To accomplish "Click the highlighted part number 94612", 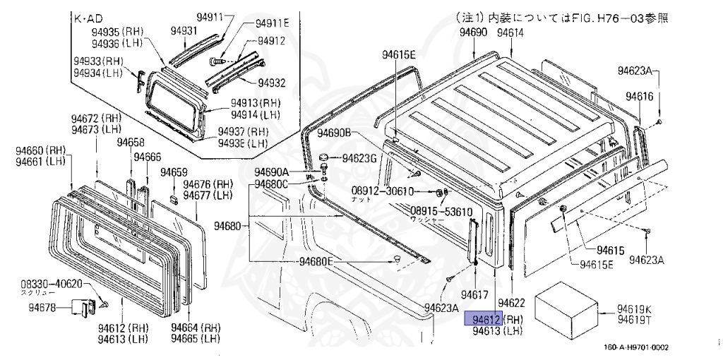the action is point(482,319).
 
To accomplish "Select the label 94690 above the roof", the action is point(473,33).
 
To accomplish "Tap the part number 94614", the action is point(510,33).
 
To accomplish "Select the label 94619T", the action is point(634,320).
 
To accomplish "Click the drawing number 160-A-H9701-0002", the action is point(635,347).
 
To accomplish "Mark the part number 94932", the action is point(271,83).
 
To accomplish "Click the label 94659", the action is point(174,172).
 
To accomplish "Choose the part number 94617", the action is point(475,294).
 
